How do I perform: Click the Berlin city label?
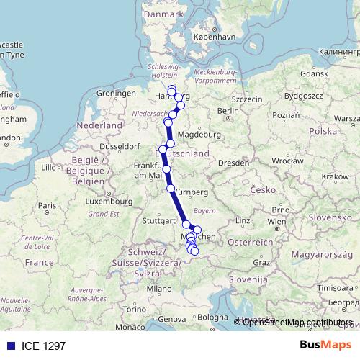[x=228, y=110]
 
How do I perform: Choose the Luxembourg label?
[x=106, y=202]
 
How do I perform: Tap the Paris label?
[x=48, y=206]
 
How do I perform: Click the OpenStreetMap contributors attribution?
[x=296, y=322]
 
